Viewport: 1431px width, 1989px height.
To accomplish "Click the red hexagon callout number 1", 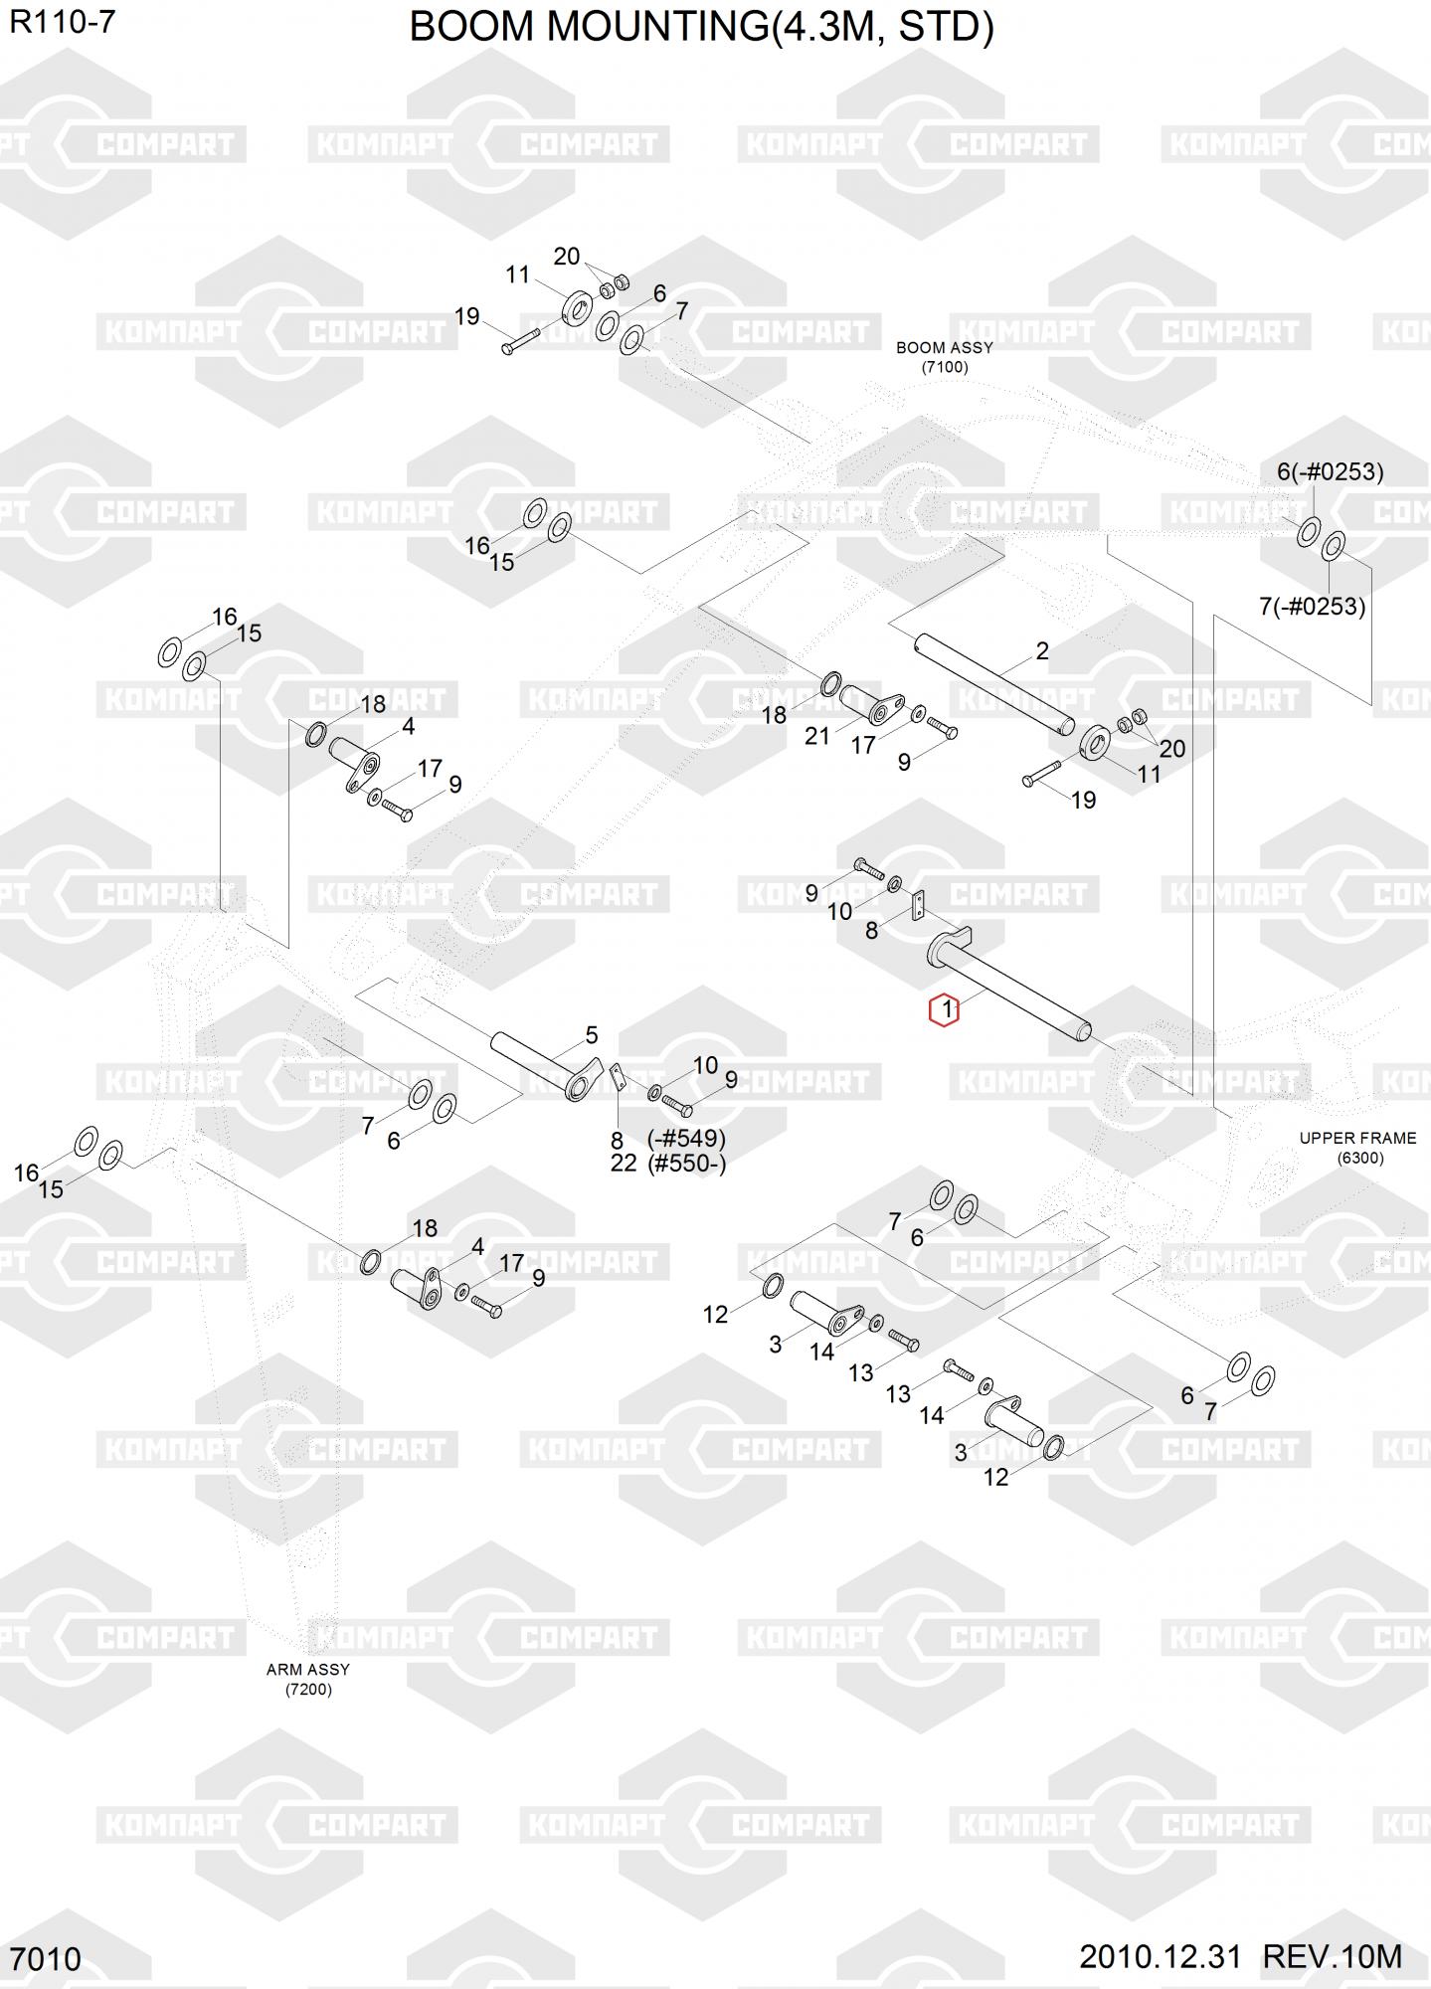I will point(943,1010).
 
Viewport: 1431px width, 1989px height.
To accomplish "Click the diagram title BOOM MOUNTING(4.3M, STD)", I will point(701,28).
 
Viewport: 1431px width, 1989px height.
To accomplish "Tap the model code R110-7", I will point(62,22).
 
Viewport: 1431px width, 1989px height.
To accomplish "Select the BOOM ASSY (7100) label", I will point(944,357).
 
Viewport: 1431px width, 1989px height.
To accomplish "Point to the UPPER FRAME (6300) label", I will point(1357,1148).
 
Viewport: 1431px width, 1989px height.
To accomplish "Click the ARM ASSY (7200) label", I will point(308,1679).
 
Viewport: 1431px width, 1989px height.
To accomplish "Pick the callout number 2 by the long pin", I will point(1041,651).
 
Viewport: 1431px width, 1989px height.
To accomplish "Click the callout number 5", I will point(592,1035).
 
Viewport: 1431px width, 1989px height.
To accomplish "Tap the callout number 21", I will point(816,737).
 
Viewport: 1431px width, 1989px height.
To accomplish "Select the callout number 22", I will point(623,1164).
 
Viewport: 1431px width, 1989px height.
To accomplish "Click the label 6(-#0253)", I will point(1330,471).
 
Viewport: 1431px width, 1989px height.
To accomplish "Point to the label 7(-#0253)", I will point(1312,606).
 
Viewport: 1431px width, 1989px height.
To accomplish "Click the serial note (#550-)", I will point(686,1164).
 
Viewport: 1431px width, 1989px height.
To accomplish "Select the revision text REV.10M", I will point(1332,1956).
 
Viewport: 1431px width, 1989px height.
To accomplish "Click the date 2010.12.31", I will point(1160,1956).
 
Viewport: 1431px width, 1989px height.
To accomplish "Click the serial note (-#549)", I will point(686,1138).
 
